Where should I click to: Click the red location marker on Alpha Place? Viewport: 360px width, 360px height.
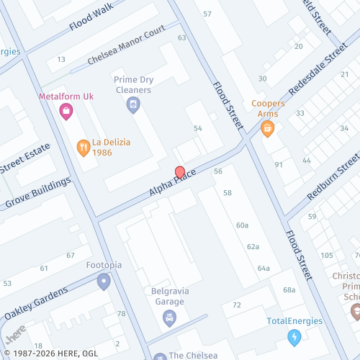point(179,173)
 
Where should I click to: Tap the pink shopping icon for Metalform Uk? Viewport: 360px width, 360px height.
point(66,111)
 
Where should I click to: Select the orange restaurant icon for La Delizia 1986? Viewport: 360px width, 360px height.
point(84,148)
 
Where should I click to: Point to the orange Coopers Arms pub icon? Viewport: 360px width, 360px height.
point(268,130)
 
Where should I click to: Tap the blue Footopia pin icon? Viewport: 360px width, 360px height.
point(104,281)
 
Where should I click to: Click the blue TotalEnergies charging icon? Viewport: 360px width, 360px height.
point(294,336)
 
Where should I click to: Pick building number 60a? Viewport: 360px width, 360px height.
point(242,225)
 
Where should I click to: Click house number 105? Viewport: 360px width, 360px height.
point(327,256)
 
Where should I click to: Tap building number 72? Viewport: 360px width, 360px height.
point(236,306)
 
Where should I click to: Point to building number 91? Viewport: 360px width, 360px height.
point(279,165)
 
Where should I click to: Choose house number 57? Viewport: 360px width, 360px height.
point(208,14)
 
